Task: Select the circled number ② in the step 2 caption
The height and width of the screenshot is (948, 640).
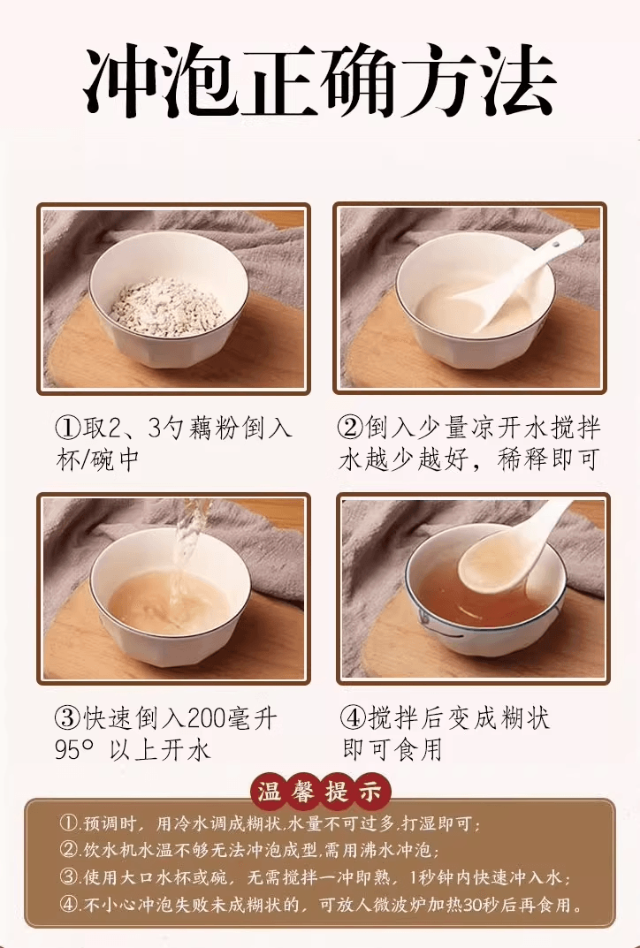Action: pos(351,429)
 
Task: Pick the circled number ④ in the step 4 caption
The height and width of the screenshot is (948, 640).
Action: pos(354,717)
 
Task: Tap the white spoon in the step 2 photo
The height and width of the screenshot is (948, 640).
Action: pos(530,274)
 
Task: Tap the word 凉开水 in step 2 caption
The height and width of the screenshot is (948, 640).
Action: pos(503,429)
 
